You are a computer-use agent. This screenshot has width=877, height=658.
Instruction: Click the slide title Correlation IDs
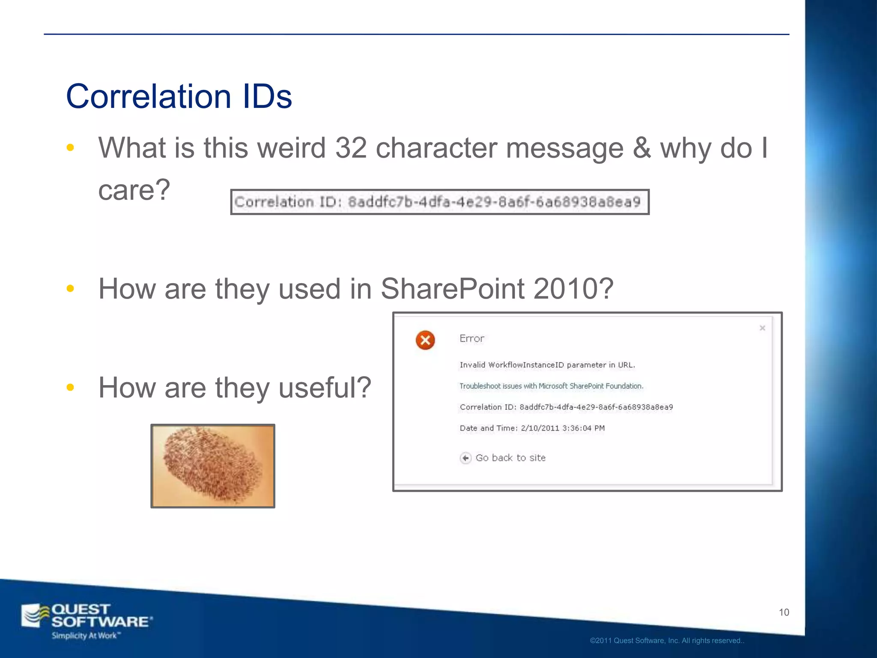point(179,96)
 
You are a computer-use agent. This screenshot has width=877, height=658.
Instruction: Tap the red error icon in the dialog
point(425,340)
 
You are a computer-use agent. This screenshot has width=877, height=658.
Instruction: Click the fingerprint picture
point(213,466)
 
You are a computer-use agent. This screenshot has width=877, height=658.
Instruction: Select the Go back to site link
point(510,458)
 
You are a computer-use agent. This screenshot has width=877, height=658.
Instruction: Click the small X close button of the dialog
point(762,328)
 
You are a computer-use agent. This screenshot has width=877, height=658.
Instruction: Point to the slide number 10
point(784,613)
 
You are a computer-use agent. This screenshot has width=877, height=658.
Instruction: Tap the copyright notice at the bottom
point(667,641)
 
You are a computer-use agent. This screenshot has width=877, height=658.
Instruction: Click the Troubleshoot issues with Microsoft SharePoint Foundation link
point(551,386)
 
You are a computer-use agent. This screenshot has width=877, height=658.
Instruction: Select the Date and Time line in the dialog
point(532,428)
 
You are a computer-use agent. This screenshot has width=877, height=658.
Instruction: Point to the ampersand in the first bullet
point(641,148)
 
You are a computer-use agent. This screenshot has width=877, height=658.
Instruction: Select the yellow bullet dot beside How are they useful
point(71,388)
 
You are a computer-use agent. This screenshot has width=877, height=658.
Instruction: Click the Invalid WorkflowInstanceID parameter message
point(547,365)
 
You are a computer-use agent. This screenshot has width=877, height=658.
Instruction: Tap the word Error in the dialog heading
point(472,338)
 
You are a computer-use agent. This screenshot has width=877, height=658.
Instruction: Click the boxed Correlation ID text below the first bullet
point(440,202)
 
